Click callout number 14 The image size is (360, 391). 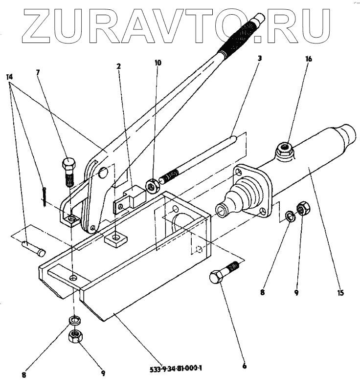point(10,77)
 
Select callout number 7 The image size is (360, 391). point(38,73)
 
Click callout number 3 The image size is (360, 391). point(260,58)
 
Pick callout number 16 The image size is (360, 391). point(308,59)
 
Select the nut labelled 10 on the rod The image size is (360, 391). point(153,184)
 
